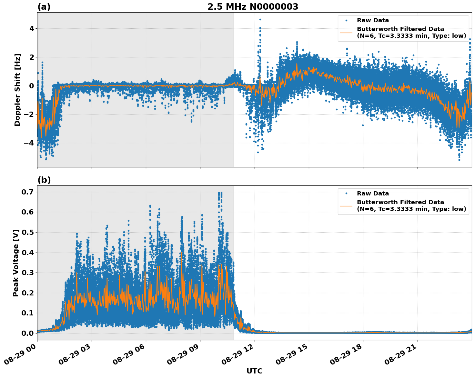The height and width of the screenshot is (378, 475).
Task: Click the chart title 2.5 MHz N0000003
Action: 253,7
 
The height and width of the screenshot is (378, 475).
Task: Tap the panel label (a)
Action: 44,7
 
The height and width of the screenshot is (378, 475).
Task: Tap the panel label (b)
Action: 44,180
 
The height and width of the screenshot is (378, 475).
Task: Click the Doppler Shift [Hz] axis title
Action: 17,90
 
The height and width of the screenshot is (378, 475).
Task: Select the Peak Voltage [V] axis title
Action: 16,263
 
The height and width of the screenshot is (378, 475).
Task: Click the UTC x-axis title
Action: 254,371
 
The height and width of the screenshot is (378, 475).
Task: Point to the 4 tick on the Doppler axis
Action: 32,29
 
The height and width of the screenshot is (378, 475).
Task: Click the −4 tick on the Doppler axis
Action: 29,143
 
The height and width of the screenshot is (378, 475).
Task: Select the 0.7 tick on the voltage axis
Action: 28,192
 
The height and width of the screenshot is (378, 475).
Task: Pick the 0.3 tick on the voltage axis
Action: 28,273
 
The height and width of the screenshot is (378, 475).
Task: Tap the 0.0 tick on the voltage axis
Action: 28,333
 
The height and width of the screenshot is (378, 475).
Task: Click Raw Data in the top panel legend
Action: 373,21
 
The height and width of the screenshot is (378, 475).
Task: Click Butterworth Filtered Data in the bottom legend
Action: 400,202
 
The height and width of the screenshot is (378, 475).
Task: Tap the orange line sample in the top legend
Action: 346,32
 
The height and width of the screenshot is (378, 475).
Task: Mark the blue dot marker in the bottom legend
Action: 346,194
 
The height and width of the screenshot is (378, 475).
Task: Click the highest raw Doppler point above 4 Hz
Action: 260,20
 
